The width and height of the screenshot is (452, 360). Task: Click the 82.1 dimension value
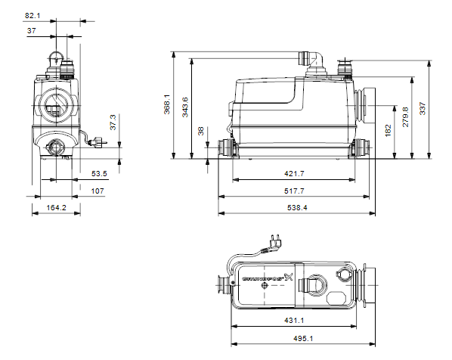pyautogui.click(x=33, y=16)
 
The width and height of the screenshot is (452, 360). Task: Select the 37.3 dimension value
pyautogui.click(x=113, y=123)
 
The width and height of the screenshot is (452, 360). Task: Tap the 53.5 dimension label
pyautogui.click(x=99, y=174)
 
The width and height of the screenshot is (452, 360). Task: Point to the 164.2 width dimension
pyautogui.click(x=57, y=208)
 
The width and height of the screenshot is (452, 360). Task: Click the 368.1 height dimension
pyautogui.click(x=167, y=104)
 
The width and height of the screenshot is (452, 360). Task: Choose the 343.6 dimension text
pyautogui.click(x=185, y=107)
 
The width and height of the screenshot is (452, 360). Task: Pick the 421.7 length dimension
pyautogui.click(x=294, y=174)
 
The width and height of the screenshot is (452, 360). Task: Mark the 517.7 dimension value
pyautogui.click(x=294, y=191)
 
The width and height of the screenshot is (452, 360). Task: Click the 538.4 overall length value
pyautogui.click(x=297, y=208)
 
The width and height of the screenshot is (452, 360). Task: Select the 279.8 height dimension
pyautogui.click(x=406, y=116)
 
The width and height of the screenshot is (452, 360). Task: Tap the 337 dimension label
pyautogui.click(x=423, y=108)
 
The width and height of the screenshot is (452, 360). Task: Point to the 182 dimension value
pyautogui.click(x=389, y=130)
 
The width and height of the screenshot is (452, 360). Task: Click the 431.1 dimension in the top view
pyautogui.click(x=294, y=320)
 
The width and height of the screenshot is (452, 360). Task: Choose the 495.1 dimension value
pyautogui.click(x=303, y=338)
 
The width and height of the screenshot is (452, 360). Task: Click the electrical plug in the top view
pyautogui.click(x=274, y=242)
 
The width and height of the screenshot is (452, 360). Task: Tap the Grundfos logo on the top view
pyautogui.click(x=268, y=278)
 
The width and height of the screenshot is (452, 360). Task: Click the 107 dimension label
pyautogui.click(x=98, y=191)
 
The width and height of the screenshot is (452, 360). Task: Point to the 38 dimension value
pyautogui.click(x=201, y=131)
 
